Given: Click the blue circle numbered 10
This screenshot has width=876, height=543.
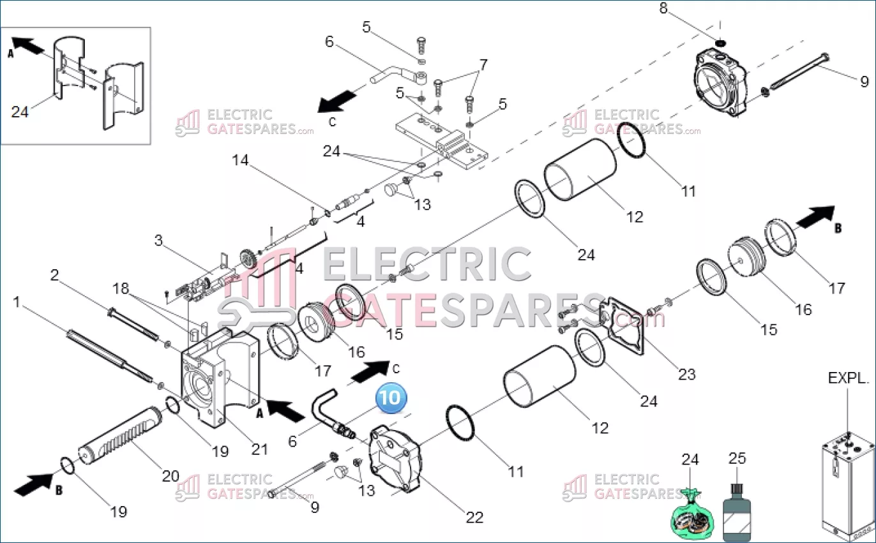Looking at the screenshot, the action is pyautogui.click(x=391, y=398).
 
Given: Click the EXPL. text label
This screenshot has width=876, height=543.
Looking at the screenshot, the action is pyautogui.click(x=849, y=378).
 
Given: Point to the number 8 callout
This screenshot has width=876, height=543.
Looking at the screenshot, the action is pyautogui.click(x=663, y=8).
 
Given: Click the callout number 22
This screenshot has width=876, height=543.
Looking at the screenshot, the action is pyautogui.click(x=475, y=517).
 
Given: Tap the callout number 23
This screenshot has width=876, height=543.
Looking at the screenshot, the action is pyautogui.click(x=687, y=375).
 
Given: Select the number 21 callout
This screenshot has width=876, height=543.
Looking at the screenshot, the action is pyautogui.click(x=259, y=450).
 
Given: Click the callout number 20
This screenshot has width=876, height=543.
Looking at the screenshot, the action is pyautogui.click(x=170, y=476).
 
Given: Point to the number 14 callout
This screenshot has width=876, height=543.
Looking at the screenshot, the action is pyautogui.click(x=240, y=160).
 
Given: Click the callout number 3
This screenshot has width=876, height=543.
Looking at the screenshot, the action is pyautogui.click(x=158, y=241).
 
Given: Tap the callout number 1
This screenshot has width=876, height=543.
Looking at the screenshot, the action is pyautogui.click(x=17, y=302).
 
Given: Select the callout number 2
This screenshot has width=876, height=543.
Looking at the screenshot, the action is pyautogui.click(x=55, y=275).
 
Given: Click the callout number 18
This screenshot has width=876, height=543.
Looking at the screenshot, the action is pyautogui.click(x=121, y=288).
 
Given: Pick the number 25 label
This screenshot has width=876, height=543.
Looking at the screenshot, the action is pyautogui.click(x=737, y=458).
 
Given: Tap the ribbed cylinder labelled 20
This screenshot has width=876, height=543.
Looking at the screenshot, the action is pyautogui.click(x=120, y=435).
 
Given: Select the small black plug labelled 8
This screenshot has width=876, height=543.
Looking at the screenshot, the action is pyautogui.click(x=720, y=43).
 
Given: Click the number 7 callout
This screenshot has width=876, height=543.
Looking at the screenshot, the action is pyautogui.click(x=483, y=64).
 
